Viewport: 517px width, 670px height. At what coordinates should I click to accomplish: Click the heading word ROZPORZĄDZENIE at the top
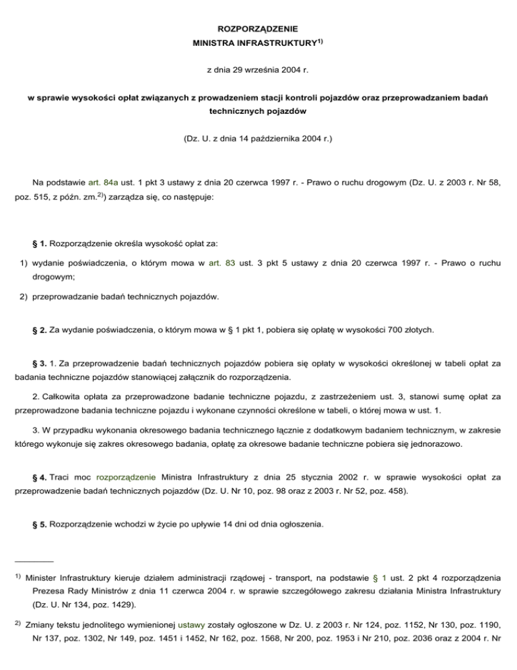click(258, 30)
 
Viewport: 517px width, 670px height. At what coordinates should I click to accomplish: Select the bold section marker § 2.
click(40, 330)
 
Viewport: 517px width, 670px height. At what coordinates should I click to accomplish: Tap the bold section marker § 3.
click(40, 363)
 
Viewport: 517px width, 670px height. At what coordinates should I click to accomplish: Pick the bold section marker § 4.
click(40, 477)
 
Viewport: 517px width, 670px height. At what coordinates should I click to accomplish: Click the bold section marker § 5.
click(40, 523)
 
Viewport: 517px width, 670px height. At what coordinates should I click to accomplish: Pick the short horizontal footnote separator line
click(33, 560)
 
